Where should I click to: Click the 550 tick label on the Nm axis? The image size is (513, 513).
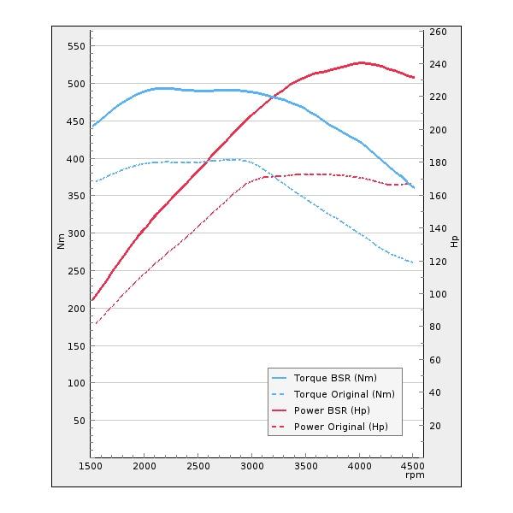pos(76,46)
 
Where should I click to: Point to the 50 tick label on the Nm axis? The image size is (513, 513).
pos(79,421)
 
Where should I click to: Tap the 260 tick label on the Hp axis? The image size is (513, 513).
pos(438,32)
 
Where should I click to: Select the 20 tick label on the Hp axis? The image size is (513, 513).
pos(435,426)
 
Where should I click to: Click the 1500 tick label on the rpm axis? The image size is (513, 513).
pos(91,467)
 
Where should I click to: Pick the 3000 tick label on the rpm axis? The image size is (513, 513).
pos(252,467)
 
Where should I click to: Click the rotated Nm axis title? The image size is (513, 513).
pos(61,242)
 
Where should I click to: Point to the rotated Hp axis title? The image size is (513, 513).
pos(454,242)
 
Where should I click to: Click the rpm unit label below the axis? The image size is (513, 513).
pos(415,475)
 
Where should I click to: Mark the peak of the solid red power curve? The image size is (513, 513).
pos(361,62)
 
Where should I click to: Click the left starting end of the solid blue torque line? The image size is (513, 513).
pos(91,127)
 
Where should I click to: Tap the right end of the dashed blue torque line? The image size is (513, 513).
pos(413,262)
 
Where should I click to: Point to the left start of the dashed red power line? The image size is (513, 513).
pos(95,324)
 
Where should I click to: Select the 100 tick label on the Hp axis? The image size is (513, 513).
pos(438,294)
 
